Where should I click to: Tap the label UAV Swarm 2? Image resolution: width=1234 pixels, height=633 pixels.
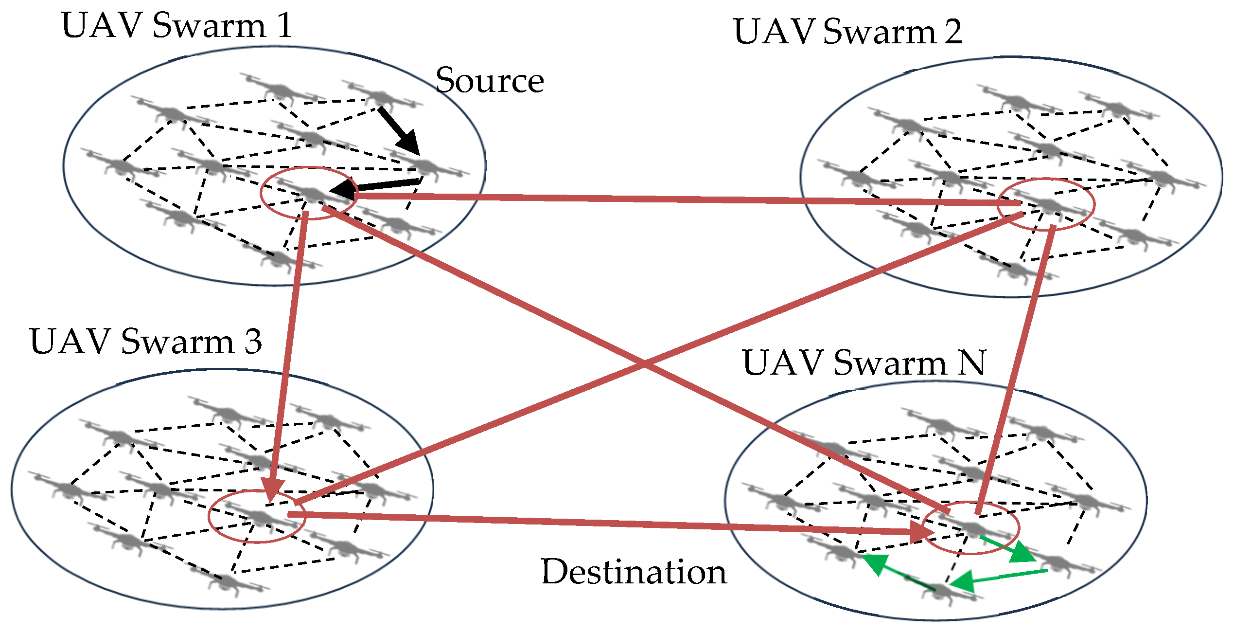847,32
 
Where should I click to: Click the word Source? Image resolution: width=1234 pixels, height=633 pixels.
489,80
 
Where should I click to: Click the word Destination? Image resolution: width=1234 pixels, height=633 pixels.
634,572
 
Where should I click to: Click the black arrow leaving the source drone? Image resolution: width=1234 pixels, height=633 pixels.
399,129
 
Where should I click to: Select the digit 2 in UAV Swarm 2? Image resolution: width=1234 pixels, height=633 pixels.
953,32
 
